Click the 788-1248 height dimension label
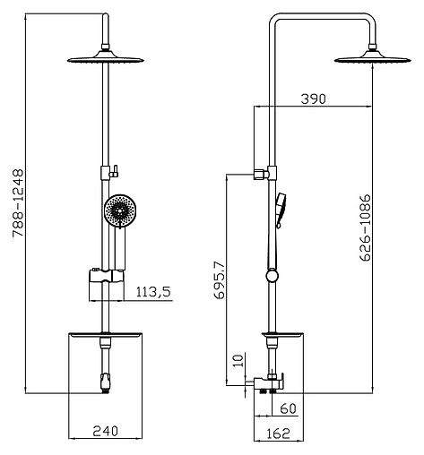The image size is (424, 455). pyautogui.click(x=18, y=203)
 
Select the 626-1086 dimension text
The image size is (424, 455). pyautogui.click(x=365, y=228)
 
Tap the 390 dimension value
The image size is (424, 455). pyautogui.click(x=313, y=99)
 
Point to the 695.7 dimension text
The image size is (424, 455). pyautogui.click(x=219, y=279)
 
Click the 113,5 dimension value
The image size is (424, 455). pyautogui.click(x=153, y=292)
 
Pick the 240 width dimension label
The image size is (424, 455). pyautogui.click(x=105, y=431)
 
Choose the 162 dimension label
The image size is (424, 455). pyautogui.click(x=278, y=434)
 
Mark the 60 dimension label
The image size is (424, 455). pyautogui.click(x=288, y=408)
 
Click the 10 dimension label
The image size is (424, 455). pyautogui.click(x=238, y=361)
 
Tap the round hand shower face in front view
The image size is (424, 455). pyautogui.click(x=120, y=210)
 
